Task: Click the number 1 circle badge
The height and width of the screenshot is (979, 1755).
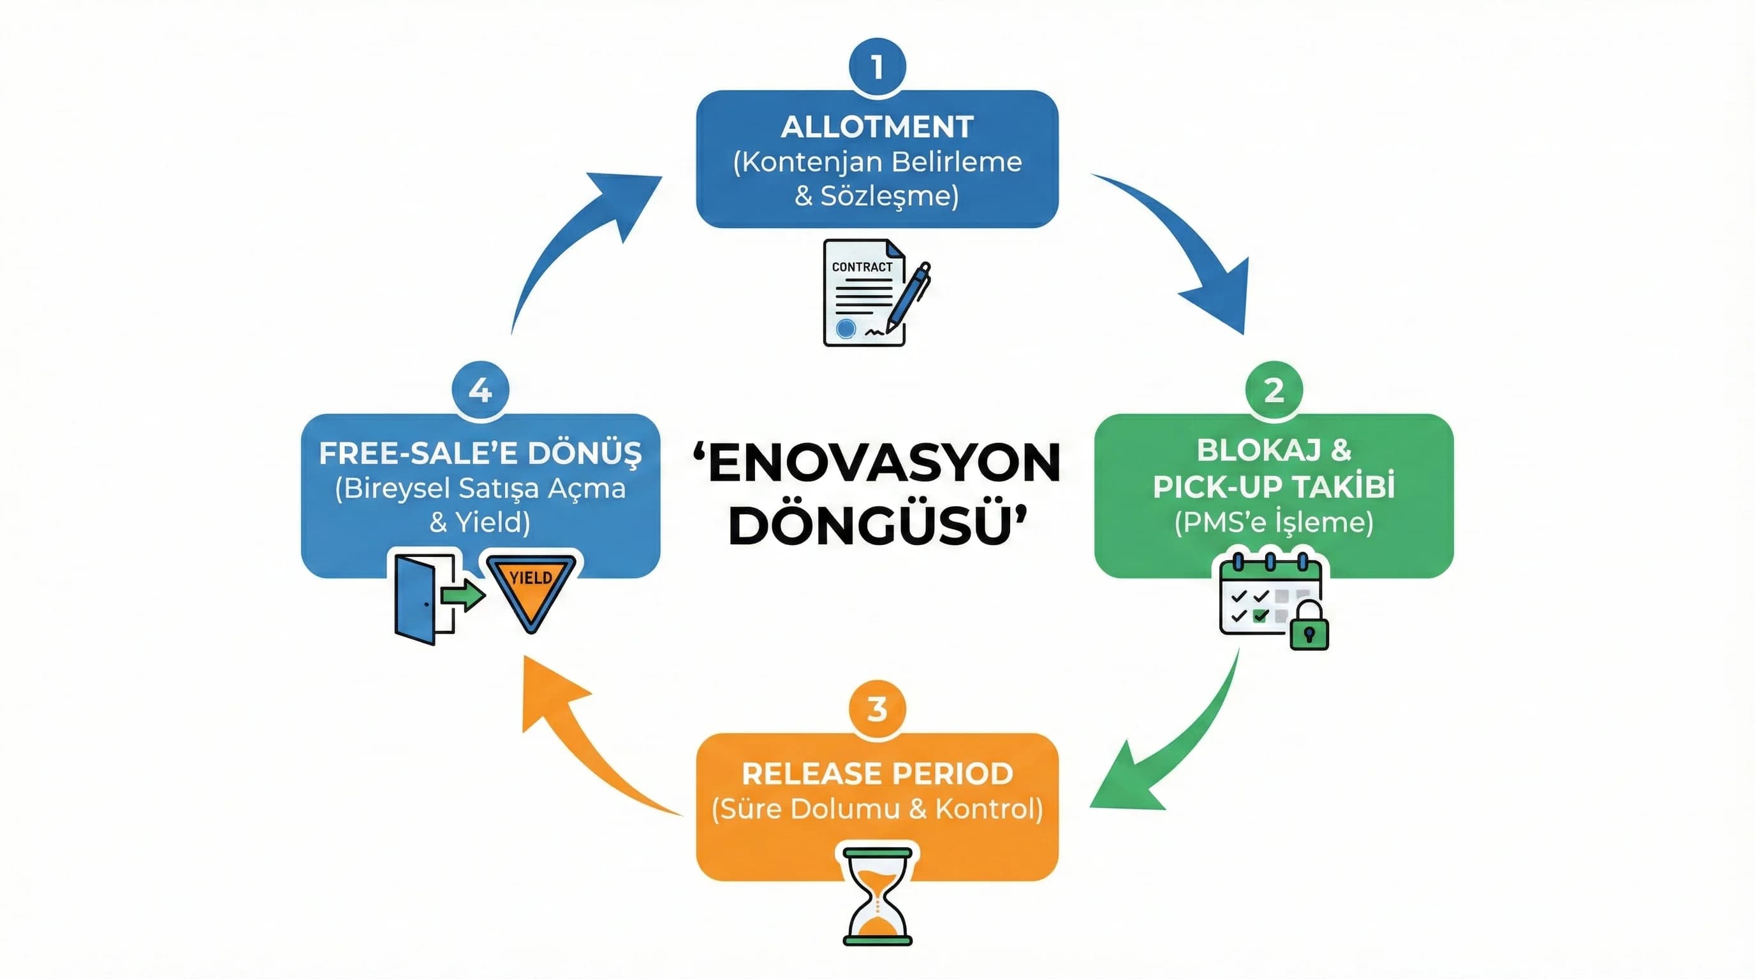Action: (x=877, y=67)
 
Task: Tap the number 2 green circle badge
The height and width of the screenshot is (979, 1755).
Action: (x=1274, y=390)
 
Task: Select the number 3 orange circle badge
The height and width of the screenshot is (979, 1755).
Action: (x=877, y=709)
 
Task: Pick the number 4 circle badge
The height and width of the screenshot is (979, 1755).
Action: (x=480, y=390)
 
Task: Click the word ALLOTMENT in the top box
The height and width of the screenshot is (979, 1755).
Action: (x=877, y=127)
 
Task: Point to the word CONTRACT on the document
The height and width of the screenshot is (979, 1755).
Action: (x=862, y=267)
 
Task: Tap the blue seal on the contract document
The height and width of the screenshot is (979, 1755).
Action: (x=846, y=329)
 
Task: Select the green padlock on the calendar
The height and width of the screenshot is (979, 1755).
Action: (x=1309, y=626)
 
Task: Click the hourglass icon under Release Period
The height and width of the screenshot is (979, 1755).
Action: (x=877, y=896)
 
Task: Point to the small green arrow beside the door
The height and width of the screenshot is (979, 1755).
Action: (x=463, y=597)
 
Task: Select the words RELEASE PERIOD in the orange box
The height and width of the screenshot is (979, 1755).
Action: (x=877, y=773)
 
